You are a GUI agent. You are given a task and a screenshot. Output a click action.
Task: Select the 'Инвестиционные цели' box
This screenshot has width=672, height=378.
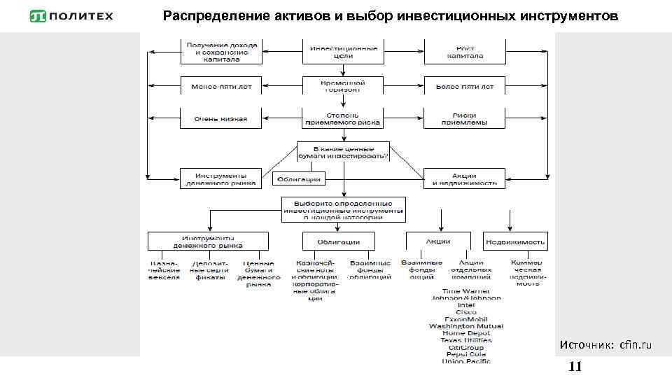[x=343, y=52]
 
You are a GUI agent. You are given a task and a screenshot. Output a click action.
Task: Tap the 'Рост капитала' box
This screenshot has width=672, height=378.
[x=465, y=52]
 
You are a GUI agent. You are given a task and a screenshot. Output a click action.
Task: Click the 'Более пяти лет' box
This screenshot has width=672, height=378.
[x=465, y=87]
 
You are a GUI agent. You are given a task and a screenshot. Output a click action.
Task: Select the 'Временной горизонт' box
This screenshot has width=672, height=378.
[x=343, y=85]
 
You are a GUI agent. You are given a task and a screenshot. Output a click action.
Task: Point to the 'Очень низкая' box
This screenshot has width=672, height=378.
[x=221, y=118]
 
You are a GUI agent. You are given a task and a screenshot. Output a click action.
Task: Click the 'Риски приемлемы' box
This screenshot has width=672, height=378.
[x=465, y=118]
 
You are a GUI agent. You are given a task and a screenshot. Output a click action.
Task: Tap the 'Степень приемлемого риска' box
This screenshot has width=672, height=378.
[x=343, y=118]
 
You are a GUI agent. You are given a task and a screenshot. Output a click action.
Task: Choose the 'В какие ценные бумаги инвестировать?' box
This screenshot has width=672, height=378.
[x=343, y=152]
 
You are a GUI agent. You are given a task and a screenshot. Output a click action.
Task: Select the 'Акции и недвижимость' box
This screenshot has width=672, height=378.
[x=465, y=178]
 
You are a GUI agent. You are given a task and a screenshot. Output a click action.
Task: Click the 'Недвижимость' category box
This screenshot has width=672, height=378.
[x=517, y=241]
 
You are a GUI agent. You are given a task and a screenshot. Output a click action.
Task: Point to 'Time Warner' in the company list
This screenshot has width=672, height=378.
[x=466, y=290]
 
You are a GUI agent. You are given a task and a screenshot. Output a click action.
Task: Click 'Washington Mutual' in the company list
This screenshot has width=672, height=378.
[x=466, y=325]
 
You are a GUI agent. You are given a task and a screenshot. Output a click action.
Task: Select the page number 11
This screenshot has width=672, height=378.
[x=575, y=367]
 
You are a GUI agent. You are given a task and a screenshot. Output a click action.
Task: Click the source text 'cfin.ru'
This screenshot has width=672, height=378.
[x=636, y=345]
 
